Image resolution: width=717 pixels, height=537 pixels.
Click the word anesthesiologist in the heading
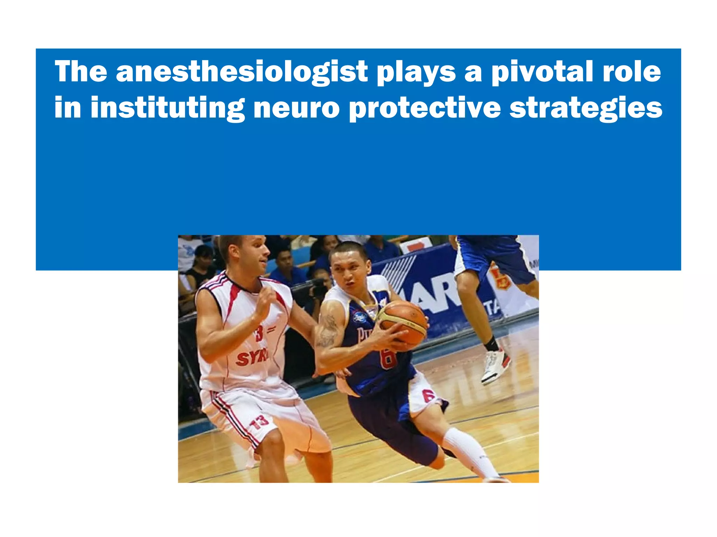coord(242,72)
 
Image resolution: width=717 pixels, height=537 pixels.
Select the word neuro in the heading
coord(296,107)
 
